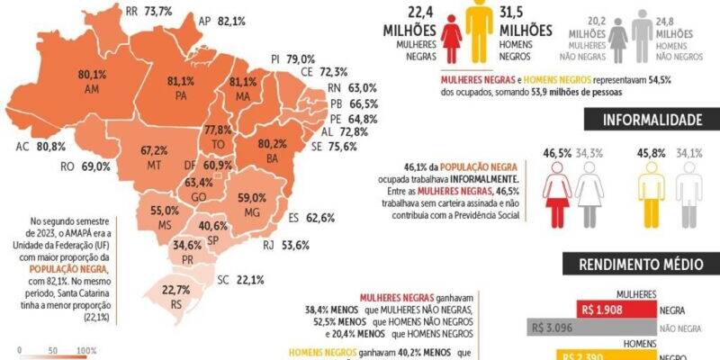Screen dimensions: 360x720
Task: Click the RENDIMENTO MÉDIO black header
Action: pos(641,265)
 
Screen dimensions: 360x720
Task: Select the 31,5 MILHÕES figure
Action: pos(525,21)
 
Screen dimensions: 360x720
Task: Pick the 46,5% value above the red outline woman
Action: pos(557,154)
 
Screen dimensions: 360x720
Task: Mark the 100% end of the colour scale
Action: pos(87,351)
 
